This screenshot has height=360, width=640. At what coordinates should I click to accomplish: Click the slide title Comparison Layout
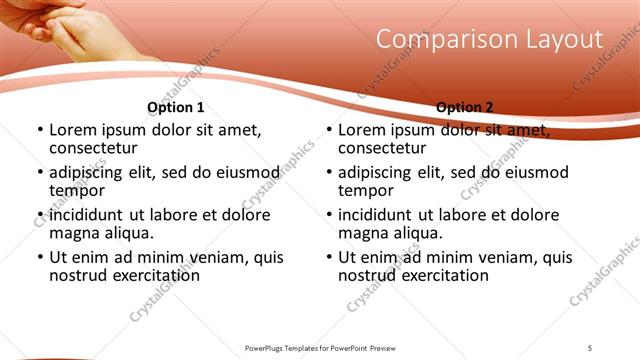pos(490,40)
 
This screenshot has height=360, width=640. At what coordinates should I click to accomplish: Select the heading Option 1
pos(175,107)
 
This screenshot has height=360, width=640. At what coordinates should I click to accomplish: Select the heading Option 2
pos(465,107)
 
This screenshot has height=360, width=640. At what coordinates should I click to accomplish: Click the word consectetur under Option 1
pos(92,148)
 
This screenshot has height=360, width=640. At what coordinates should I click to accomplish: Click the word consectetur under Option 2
pos(381,148)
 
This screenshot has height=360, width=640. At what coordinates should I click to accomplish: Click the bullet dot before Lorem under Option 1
pos(39,131)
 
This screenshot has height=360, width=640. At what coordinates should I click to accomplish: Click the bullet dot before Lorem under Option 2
pos(328,131)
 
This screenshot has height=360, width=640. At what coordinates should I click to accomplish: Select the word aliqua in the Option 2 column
pos(417,233)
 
